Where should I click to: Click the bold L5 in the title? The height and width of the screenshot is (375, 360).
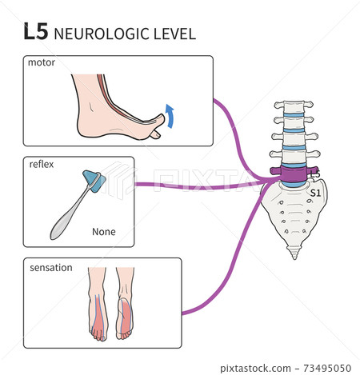pos(37,32)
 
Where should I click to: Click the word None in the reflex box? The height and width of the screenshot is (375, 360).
pos(104,232)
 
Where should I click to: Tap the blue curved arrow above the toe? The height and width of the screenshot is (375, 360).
pos(170,116)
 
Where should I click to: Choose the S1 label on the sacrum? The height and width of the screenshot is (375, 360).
pos(314,192)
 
